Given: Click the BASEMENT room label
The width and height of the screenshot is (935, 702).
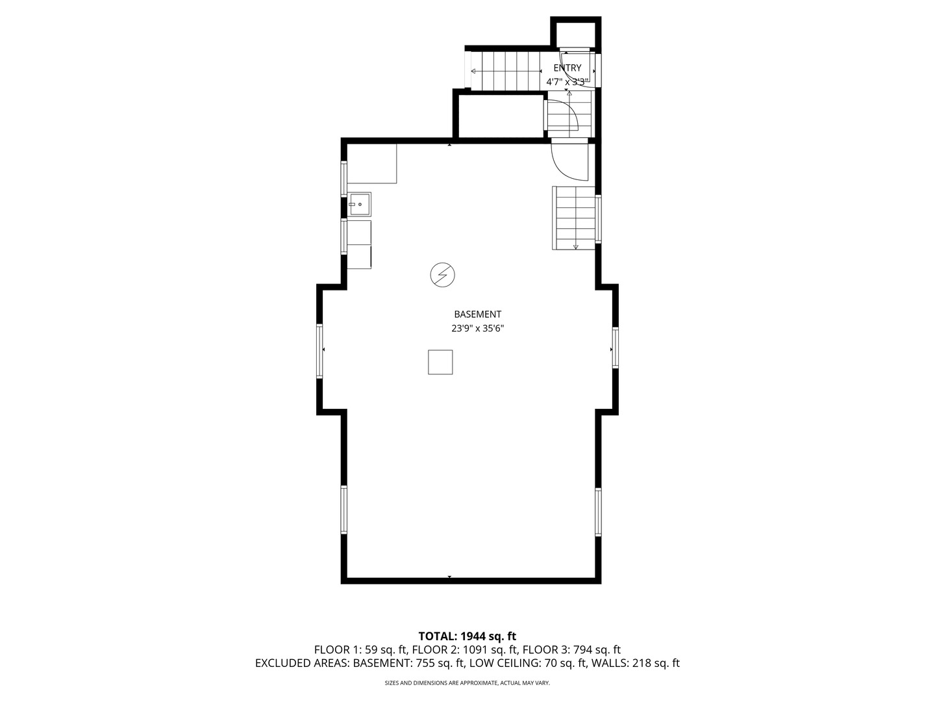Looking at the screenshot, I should tap(477, 315).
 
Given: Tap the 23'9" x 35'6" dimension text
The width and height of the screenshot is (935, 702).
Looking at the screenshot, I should tap(477, 329).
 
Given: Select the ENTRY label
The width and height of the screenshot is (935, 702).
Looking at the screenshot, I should tap(567, 68).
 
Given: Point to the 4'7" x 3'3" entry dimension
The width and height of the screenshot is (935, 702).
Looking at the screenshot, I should tap(567, 82).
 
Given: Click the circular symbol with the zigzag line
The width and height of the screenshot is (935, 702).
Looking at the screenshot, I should tap(442, 275).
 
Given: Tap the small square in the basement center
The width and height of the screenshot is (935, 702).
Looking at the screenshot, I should tap(440, 362).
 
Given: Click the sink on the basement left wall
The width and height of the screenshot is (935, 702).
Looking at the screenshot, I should tap(359, 204).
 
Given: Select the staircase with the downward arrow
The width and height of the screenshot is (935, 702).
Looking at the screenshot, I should tap(574, 218).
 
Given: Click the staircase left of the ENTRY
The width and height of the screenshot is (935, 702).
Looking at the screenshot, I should tap(505, 71).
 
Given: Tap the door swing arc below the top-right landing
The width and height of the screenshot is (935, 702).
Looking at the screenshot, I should tap(569, 161).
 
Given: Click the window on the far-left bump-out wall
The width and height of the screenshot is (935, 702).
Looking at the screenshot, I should tap(319, 350).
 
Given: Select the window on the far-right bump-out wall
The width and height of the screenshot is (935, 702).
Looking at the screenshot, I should tap(615, 348).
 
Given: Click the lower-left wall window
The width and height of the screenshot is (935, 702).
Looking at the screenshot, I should tap(344, 510).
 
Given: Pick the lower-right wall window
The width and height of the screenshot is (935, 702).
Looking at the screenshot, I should tap(598, 512).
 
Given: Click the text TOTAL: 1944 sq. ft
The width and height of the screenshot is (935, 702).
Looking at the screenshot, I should tap(467, 636).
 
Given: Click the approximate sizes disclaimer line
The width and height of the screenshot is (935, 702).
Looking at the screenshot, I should tap(467, 683).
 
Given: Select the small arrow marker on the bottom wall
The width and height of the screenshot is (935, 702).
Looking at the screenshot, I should tap(449, 577).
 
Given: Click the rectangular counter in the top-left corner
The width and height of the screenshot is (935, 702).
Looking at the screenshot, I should tap(371, 164).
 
